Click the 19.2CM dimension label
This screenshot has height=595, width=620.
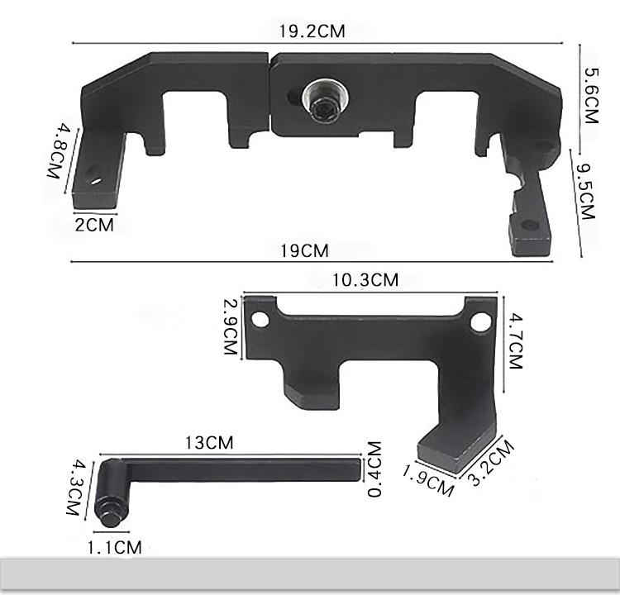(312, 31)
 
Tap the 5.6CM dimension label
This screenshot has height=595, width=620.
(592, 96)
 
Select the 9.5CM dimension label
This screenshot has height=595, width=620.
(585, 192)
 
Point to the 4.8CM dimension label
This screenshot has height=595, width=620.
(60, 151)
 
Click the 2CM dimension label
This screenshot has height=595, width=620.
(94, 226)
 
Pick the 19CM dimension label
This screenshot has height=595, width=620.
(304, 251)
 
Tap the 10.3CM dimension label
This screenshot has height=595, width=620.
(365, 280)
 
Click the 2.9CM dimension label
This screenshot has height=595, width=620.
(231, 326)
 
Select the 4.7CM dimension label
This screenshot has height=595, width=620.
(516, 340)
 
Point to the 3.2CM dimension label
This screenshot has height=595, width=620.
(492, 463)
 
